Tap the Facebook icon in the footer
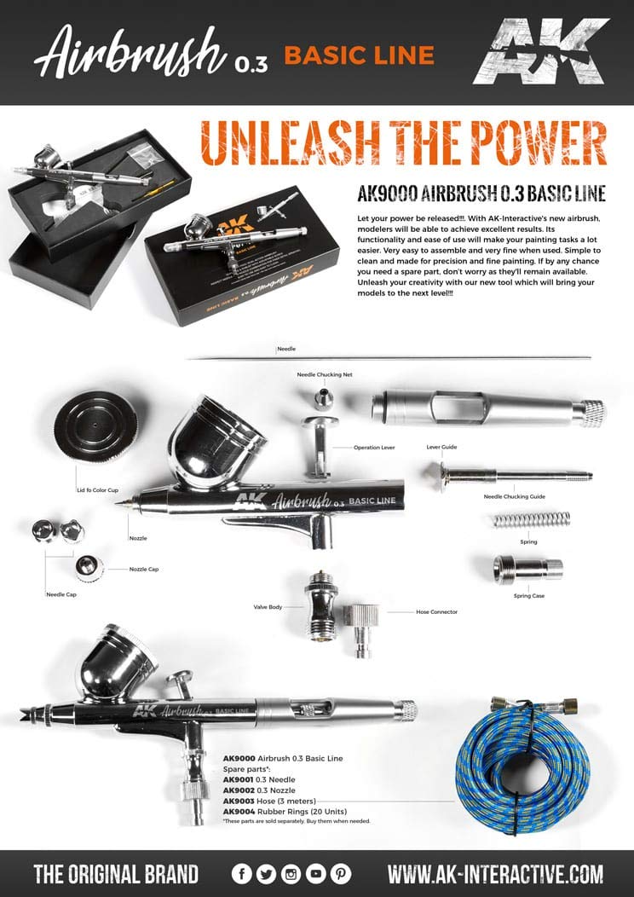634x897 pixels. [242, 874]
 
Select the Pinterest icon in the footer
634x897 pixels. [341, 874]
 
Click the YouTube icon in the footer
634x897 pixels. [316, 874]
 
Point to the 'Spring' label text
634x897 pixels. [528, 541]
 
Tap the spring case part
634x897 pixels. [527, 569]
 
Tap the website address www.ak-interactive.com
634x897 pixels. [495, 874]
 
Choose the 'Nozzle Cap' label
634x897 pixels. [144, 569]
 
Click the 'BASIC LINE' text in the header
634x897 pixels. [359, 55]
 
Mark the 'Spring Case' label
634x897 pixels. [527, 596]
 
